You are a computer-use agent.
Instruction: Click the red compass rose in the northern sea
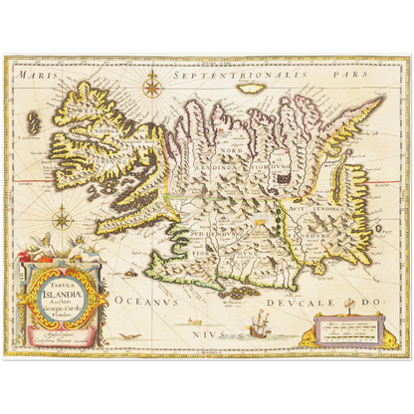(x=152, y=88)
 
